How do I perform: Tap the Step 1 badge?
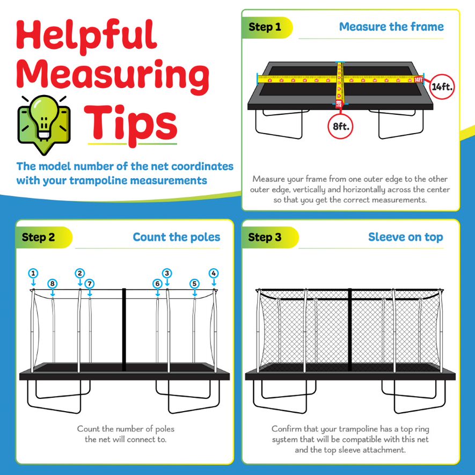coord(265,27)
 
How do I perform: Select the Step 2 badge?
coord(39,237)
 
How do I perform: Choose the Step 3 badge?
coord(265,237)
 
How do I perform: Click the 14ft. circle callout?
coord(443,86)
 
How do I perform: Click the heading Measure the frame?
coord(391,27)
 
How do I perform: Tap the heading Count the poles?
coord(177,237)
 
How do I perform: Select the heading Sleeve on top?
coord(405,237)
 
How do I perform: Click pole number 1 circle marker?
coord(33,273)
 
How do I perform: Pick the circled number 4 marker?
coord(214,273)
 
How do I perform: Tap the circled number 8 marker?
coord(52,283)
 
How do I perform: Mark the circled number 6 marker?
coord(157,283)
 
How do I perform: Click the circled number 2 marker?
coord(79,273)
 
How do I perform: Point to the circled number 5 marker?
coord(194,283)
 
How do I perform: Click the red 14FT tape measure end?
coord(419,79)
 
